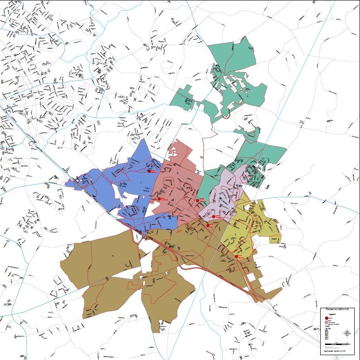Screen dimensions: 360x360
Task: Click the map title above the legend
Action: pyautogui.click(x=337, y=310)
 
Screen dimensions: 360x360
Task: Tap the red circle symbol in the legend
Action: pyautogui.click(x=327, y=318)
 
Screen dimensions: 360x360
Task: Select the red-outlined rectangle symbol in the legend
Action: pyautogui.click(x=327, y=322)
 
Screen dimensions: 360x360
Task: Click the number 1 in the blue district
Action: pyautogui.click(x=140, y=182)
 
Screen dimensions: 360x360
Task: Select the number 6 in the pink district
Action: pyautogui.click(x=178, y=173)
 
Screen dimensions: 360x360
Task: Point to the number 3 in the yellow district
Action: pyautogui.click(x=235, y=235)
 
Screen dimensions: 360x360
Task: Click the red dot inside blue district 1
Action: pyautogui.click(x=150, y=171)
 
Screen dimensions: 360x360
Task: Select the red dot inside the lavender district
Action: pyautogui.click(x=213, y=216)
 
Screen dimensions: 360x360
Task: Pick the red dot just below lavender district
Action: pyautogui.click(x=208, y=225)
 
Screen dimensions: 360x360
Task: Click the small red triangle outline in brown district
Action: pyautogui.click(x=167, y=273)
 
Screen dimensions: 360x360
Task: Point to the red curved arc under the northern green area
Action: pyautogui.click(x=225, y=117)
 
